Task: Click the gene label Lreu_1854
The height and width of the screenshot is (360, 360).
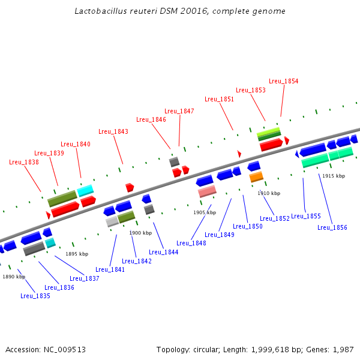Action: coord(283,81)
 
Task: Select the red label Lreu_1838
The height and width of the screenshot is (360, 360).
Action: coord(23,162)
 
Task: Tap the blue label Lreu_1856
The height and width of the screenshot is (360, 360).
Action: coord(332,227)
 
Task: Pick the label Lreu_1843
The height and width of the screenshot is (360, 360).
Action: coord(113,131)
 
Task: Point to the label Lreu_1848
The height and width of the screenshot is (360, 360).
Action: coord(191,243)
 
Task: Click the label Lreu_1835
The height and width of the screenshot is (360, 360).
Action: coord(35,296)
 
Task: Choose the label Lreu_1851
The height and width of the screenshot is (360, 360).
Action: coord(219,99)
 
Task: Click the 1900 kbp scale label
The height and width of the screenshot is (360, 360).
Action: coord(140,233)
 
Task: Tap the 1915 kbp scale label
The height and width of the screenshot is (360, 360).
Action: coord(333,176)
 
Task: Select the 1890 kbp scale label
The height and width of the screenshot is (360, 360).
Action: coord(13,277)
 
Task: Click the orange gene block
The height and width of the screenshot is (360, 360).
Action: coord(256,177)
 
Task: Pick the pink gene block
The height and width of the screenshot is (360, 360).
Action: coord(207,191)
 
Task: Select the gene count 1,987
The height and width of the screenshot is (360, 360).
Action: coord(342,349)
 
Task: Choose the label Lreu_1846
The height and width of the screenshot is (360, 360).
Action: coord(151,119)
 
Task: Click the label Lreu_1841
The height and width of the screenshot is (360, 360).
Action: coord(109,269)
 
